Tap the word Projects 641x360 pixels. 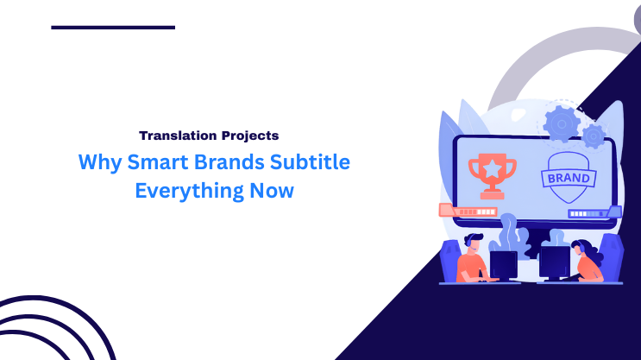pos(248,136)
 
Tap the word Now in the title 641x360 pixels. pos(273,191)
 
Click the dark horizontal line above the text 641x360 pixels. pos(113,28)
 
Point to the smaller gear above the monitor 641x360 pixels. pos(593,136)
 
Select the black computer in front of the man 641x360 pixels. pos(504,263)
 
